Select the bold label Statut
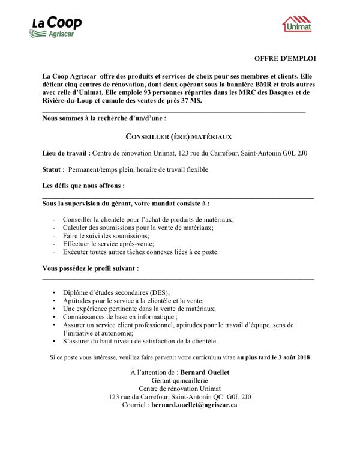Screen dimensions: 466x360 click(53, 170)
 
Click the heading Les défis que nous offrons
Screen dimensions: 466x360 click(83, 186)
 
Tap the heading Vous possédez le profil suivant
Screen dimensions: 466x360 click(90, 268)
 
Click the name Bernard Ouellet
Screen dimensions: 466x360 click(204, 372)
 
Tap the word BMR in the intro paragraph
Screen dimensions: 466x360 click(257, 85)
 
